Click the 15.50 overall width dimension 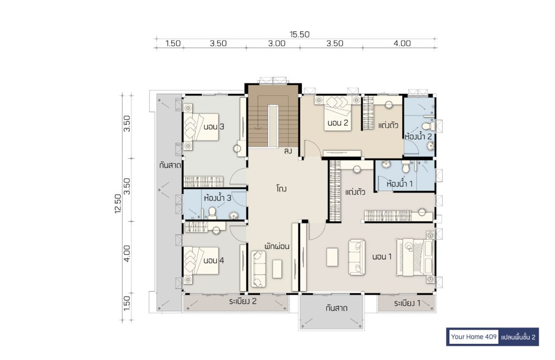pyautogui.click(x=299, y=34)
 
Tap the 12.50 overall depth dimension pyautogui.click(x=118, y=203)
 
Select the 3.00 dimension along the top pyautogui.click(x=276, y=43)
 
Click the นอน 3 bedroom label pyautogui.click(x=214, y=127)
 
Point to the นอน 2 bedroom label pyautogui.click(x=338, y=123)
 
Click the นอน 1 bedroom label pyautogui.click(x=382, y=256)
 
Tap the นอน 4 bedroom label pyautogui.click(x=214, y=261)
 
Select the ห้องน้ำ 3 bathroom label pyautogui.click(x=217, y=197)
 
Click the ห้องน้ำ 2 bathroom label pyautogui.click(x=418, y=136)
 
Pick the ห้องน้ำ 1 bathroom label pyautogui.click(x=399, y=183)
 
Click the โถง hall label pyautogui.click(x=281, y=188)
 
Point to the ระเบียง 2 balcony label pyautogui.click(x=242, y=301)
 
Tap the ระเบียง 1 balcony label pyautogui.click(x=407, y=303)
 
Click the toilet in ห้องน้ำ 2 pyautogui.click(x=427, y=126)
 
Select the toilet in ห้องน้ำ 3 pyautogui.click(x=212, y=213)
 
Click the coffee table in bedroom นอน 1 pyautogui.click(x=332, y=257)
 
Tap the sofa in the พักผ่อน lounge pyautogui.click(x=258, y=269)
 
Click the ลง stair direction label pyautogui.click(x=288, y=151)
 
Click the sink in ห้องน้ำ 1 pyautogui.click(x=385, y=164)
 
